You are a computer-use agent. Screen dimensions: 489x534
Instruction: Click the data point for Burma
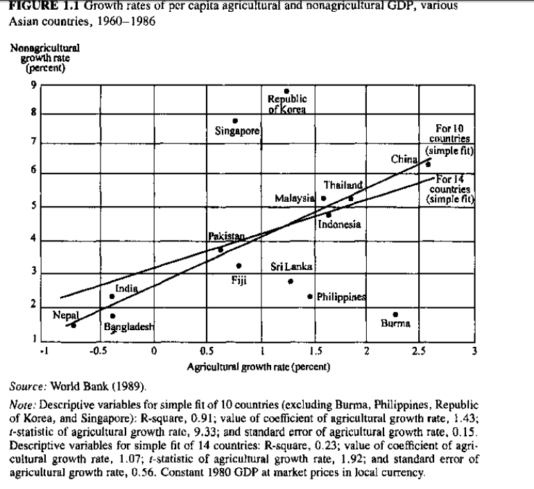pyautogui.click(x=395, y=314)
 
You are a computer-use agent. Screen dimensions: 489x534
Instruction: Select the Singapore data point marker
pyautogui.click(x=235, y=121)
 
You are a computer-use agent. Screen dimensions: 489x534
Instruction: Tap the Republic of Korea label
pyautogui.click(x=286, y=103)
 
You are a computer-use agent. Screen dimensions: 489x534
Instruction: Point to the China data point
pyautogui.click(x=428, y=164)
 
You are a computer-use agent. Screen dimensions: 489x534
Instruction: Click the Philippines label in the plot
pyautogui.click(x=341, y=297)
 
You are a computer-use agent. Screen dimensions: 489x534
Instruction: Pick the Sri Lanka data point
pyautogui.click(x=291, y=281)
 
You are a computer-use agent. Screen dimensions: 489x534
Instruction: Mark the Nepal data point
pyautogui.click(x=74, y=325)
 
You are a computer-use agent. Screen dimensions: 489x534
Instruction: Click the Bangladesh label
pyautogui.click(x=129, y=326)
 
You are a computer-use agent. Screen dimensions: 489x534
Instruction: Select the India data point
pyautogui.click(x=112, y=296)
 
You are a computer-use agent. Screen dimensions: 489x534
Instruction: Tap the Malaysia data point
pyautogui.click(x=323, y=198)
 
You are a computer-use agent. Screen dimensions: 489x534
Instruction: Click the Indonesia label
pyautogui.click(x=340, y=224)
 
